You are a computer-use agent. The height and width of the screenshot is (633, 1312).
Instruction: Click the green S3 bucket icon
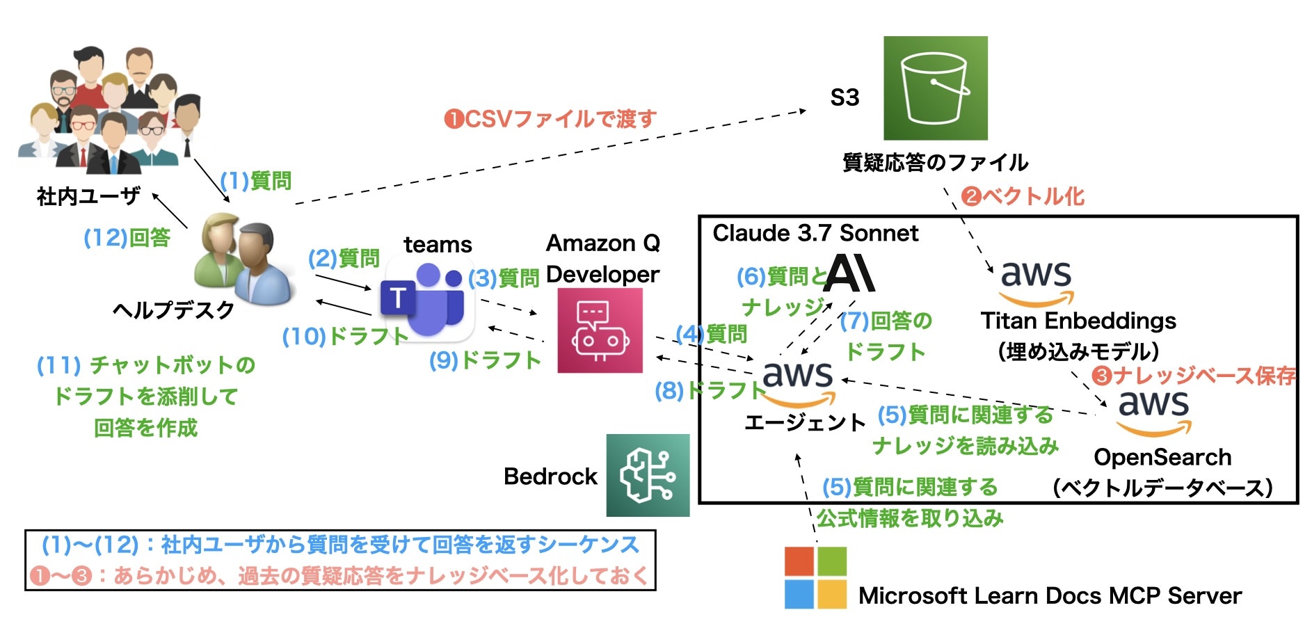[x=935, y=88]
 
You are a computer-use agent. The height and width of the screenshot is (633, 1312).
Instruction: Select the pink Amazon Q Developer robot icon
[x=600, y=331]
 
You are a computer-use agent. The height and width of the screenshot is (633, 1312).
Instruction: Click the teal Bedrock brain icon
[x=648, y=475]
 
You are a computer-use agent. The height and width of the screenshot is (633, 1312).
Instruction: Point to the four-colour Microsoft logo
[x=815, y=577]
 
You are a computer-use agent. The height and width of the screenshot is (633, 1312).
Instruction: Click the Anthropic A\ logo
[x=849, y=273]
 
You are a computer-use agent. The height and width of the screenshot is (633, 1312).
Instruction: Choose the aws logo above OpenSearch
[x=1153, y=412]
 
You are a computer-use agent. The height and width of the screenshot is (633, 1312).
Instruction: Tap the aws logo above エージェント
[x=798, y=383]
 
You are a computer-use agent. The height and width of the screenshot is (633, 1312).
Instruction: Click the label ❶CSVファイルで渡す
[x=550, y=119]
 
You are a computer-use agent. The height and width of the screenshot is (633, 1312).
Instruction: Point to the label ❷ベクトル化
[x=1023, y=196]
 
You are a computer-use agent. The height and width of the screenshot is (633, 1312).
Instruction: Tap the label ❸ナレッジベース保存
[x=1194, y=376]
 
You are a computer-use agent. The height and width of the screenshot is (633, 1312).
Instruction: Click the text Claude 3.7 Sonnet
[x=815, y=233]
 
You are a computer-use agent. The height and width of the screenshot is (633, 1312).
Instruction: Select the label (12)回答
[x=127, y=238]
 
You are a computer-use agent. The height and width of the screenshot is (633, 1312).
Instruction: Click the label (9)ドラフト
[x=485, y=360]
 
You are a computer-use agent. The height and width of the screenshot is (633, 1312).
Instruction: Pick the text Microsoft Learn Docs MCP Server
[x=1049, y=596]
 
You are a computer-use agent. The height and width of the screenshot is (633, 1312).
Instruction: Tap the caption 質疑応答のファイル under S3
[x=935, y=163]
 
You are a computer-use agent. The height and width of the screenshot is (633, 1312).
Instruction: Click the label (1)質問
[x=256, y=181]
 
